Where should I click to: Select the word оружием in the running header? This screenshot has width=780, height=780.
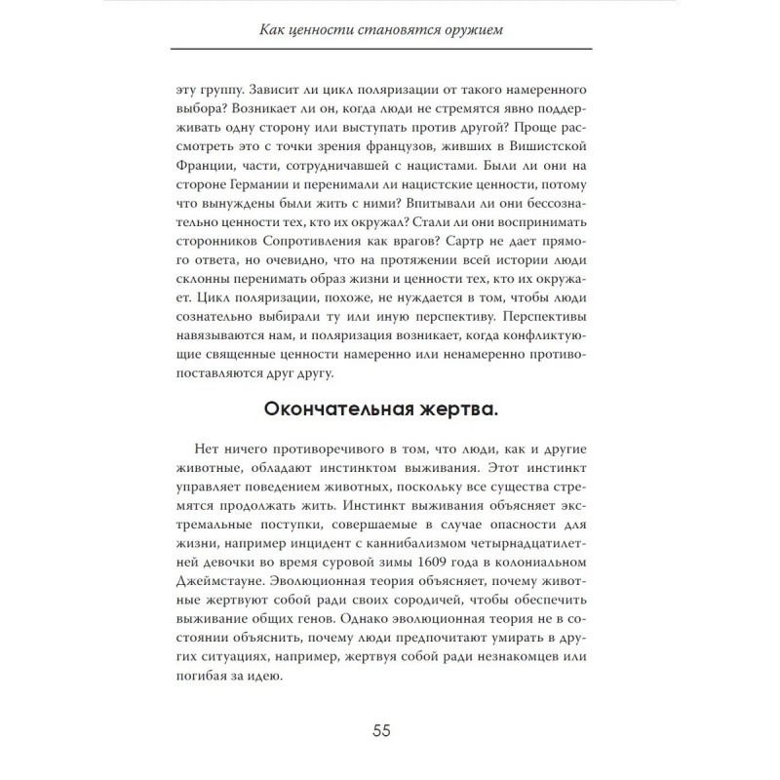click(x=477, y=31)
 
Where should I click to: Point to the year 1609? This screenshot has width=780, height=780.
click(x=439, y=565)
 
